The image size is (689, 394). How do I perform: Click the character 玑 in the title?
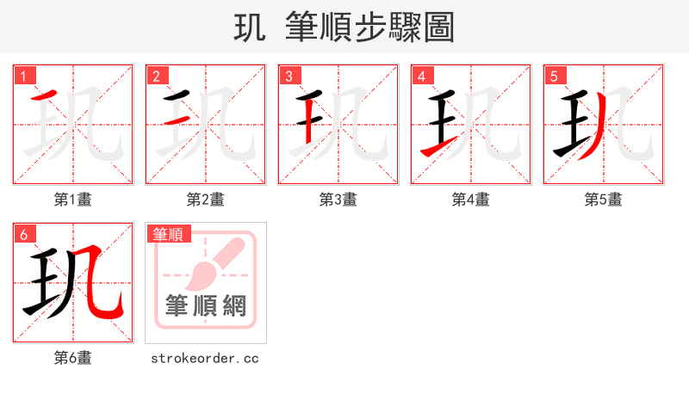(250, 28)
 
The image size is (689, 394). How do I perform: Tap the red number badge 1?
(24, 76)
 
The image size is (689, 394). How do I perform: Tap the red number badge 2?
(157, 76)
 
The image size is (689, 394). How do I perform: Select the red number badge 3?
(289, 76)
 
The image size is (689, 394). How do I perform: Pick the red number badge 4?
(422, 76)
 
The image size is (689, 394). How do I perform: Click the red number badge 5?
(555, 76)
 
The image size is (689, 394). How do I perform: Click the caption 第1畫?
(73, 200)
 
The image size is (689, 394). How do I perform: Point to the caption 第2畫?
(206, 200)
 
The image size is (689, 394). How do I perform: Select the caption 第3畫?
(338, 200)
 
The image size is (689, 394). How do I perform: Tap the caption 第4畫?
(471, 200)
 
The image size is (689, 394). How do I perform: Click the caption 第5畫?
(604, 200)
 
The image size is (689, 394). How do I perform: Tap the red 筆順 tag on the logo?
(170, 233)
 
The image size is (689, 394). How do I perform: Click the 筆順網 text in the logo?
(206, 305)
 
